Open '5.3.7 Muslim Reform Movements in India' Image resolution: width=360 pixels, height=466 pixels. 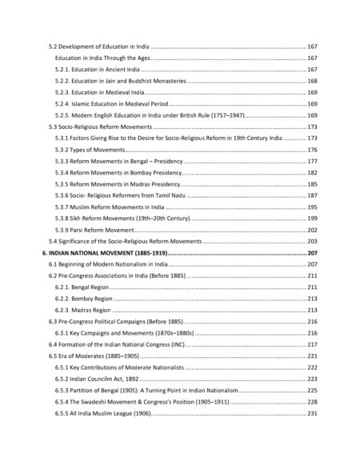coord(112,207)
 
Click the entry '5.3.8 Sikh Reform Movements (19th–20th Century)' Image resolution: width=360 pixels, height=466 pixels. coord(123,218)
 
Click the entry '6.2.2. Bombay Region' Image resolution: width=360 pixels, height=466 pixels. coord(84,298)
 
